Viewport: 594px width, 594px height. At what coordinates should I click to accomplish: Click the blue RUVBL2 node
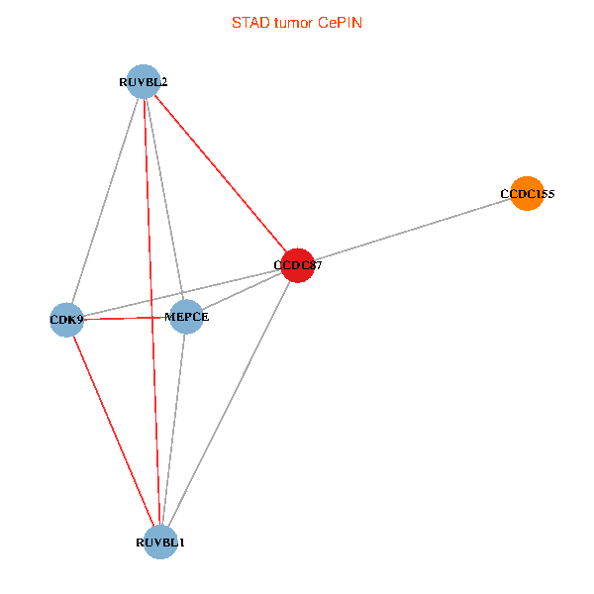click(x=144, y=81)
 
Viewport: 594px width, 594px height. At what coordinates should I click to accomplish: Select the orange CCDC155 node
click(x=528, y=195)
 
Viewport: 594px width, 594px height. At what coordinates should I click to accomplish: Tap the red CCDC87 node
click(x=298, y=265)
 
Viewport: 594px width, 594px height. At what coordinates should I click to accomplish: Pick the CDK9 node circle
click(x=66, y=320)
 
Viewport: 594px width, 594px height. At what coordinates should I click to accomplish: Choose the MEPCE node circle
click(x=186, y=317)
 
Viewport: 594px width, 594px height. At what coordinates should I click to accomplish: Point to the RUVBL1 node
click(x=160, y=543)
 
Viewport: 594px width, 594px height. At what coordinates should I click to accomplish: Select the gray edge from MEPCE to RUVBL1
click(x=173, y=430)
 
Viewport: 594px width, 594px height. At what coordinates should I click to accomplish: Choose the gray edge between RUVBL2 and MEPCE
click(x=164, y=198)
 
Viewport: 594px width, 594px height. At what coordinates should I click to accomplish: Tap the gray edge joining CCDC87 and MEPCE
click(x=243, y=291)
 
